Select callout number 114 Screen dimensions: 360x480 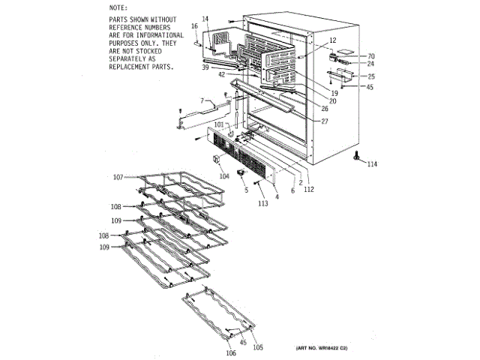pos(372,164)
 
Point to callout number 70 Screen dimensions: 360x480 pos(370,56)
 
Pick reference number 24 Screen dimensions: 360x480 pos(370,64)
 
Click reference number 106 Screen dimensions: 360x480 pos(230,352)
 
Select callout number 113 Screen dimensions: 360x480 pos(263,202)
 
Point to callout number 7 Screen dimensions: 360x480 pos(202,100)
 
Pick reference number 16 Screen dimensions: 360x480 pos(194,26)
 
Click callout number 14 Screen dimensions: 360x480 pos(205,18)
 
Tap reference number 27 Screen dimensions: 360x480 pos(325,121)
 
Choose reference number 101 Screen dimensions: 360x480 pos(220,124)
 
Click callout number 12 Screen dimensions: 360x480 pos(333,40)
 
